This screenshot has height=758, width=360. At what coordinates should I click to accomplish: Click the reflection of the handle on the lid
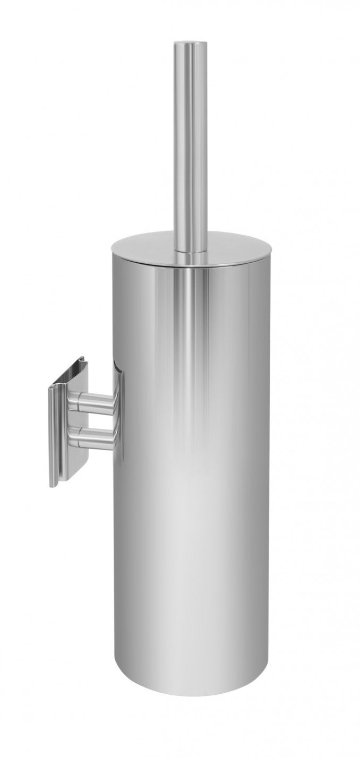(x=190, y=259)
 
